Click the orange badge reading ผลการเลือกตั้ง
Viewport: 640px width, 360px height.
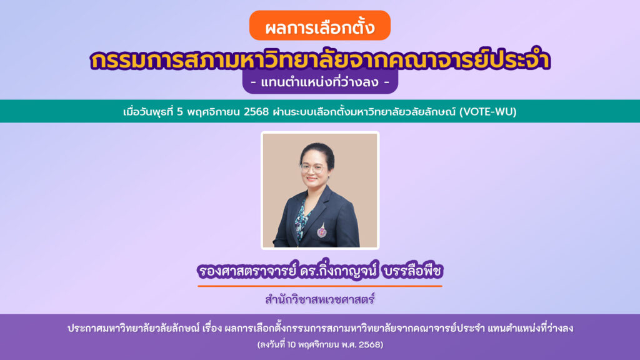point(319,27)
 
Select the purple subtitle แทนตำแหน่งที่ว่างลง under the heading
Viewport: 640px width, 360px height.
point(319,82)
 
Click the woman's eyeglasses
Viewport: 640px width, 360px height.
point(312,168)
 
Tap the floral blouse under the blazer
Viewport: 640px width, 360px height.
point(302,216)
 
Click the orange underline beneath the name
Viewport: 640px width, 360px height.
point(319,286)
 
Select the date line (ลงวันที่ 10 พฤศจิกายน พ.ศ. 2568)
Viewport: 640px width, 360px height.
point(319,344)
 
